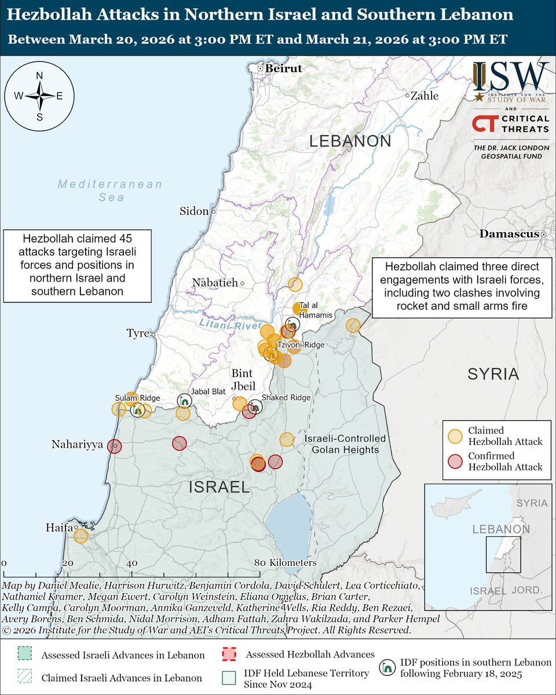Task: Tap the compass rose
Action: coord(40,96)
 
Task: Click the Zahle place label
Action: coord(425,96)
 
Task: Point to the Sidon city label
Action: coord(194,211)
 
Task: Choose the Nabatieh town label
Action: coord(215,283)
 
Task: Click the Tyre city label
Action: coord(138,334)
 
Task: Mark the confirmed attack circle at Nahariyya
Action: coord(115,446)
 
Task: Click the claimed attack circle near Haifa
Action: coord(81,536)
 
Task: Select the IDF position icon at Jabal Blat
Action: coord(184,401)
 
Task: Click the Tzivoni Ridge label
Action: coord(305,345)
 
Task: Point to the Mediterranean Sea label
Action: coord(109,191)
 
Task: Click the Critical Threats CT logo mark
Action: coord(484,123)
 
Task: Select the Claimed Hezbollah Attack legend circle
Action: coord(456,436)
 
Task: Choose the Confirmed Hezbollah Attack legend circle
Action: coord(456,460)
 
